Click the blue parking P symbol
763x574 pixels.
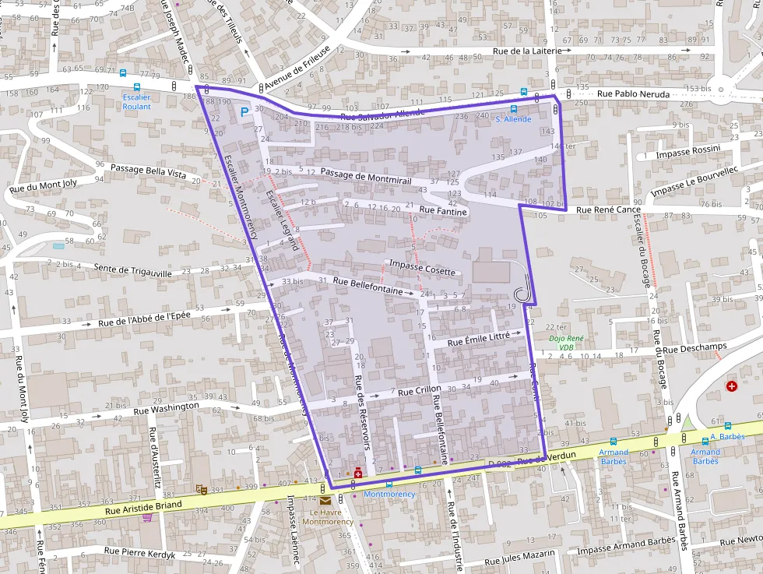(244, 113)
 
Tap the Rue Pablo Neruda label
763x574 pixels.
(633, 93)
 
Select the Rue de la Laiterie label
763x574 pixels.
(527, 51)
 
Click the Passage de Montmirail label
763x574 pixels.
(365, 175)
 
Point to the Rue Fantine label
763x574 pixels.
(443, 210)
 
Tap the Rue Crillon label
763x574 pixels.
(419, 390)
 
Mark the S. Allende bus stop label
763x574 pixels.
(513, 119)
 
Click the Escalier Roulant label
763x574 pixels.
(137, 101)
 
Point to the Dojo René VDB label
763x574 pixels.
(566, 343)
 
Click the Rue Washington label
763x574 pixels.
(166, 408)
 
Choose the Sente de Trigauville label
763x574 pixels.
(132, 270)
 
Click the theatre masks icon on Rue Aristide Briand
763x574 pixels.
(201, 490)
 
